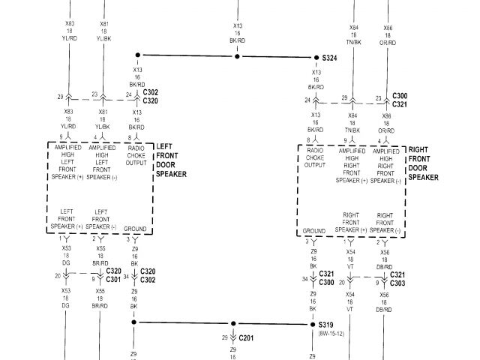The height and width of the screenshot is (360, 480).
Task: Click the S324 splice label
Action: click(x=330, y=58)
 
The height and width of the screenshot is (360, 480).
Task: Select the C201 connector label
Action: click(x=247, y=338)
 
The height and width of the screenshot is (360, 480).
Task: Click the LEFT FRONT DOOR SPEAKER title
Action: click(x=170, y=160)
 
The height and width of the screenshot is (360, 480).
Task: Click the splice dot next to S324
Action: click(x=316, y=57)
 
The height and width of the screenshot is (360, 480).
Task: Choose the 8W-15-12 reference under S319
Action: click(x=330, y=334)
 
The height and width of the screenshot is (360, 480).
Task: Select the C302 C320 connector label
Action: click(x=150, y=95)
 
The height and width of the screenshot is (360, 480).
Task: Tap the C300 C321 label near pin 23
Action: click(x=400, y=100)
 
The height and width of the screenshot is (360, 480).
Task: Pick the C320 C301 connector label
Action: click(x=114, y=275)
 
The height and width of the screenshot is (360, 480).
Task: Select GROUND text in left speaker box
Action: click(x=135, y=227)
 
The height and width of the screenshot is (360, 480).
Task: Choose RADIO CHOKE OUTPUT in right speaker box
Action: click(x=314, y=158)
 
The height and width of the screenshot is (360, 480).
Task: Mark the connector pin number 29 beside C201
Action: click(x=224, y=338)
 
